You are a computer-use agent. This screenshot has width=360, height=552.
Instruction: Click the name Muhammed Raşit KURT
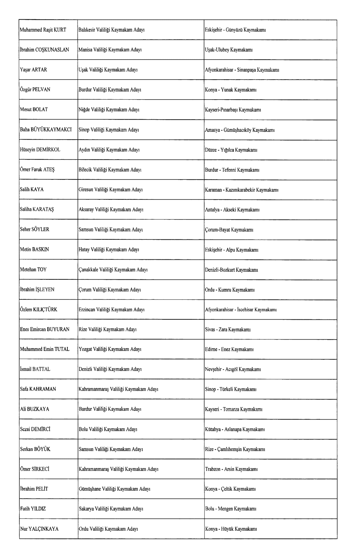43,30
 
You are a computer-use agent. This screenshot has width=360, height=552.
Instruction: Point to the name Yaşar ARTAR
34,70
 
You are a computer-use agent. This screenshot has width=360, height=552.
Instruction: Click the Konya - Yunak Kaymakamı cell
231,90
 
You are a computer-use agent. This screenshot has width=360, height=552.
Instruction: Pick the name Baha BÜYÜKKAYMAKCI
46,130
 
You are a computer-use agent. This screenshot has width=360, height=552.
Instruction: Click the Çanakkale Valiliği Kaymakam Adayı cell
113,270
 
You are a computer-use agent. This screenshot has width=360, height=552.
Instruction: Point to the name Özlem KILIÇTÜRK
39,310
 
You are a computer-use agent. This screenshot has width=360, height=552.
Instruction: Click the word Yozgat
85,349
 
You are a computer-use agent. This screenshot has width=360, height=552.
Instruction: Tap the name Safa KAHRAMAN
38,389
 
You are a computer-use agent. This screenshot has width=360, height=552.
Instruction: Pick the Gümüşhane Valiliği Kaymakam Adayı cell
114,489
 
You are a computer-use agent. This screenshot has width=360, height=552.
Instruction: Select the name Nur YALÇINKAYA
39,529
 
